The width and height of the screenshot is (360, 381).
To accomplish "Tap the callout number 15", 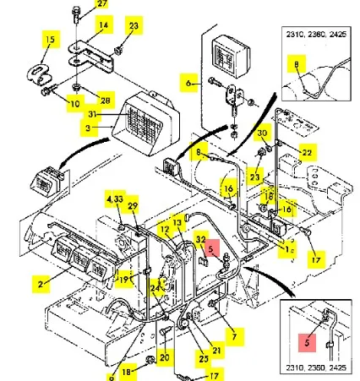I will [52, 40].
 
